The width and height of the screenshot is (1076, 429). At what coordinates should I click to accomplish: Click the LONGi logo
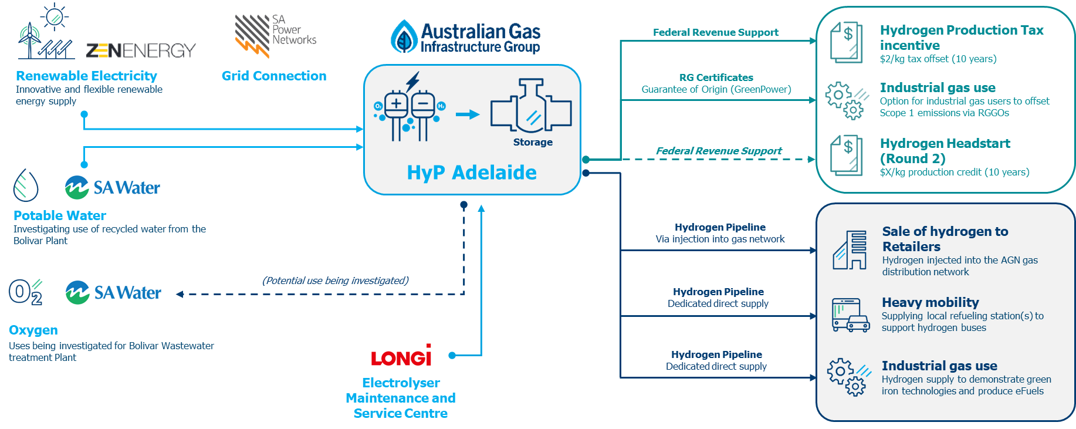[402, 356]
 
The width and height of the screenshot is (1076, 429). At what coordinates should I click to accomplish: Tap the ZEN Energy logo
[141, 51]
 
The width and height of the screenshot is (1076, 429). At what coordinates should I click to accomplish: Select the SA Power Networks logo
[275, 35]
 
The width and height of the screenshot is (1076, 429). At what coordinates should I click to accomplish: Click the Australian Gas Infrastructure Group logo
[466, 37]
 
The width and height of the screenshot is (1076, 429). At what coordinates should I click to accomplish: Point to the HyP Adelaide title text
[472, 173]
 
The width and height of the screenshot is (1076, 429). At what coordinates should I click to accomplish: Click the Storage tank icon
[531, 106]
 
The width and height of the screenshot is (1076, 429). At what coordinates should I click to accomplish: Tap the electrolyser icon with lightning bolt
[409, 109]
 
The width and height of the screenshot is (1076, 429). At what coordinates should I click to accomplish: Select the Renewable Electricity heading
[86, 76]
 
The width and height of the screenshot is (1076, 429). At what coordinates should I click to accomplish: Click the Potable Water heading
[60, 215]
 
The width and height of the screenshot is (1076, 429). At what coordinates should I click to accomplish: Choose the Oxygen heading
[33, 330]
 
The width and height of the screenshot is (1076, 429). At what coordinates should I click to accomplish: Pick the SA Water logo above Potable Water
[113, 188]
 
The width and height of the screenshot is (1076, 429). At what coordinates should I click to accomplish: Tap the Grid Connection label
[274, 76]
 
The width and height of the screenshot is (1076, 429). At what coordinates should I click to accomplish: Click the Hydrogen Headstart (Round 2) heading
[945, 151]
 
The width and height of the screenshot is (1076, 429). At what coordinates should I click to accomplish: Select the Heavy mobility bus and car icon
[850, 315]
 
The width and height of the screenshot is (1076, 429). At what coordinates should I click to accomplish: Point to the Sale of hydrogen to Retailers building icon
[850, 250]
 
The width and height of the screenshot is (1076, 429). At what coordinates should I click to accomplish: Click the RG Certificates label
[716, 77]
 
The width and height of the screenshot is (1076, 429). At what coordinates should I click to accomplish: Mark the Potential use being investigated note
[336, 281]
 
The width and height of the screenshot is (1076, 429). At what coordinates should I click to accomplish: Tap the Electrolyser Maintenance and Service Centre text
[401, 398]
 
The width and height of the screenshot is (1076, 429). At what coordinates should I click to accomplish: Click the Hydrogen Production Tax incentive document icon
[846, 42]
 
